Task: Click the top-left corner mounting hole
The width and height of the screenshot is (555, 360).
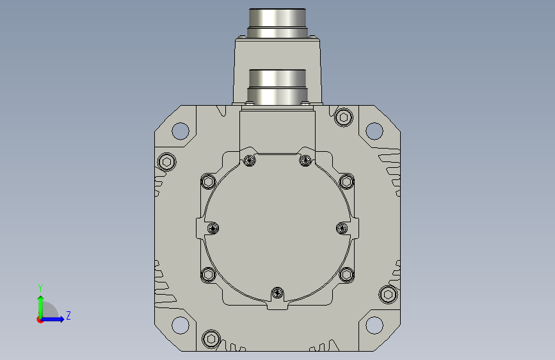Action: coord(180,131)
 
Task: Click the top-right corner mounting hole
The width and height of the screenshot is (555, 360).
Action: coord(374,131)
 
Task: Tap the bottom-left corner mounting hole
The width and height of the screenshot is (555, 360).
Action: coord(180,325)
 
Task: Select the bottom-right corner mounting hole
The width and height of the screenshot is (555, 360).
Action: coord(374,325)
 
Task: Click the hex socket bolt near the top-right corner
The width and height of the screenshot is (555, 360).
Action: coord(343,117)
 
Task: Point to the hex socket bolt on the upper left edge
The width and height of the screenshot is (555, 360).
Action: coord(166,162)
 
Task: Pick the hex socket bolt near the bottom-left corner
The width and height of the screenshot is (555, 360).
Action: coord(211,339)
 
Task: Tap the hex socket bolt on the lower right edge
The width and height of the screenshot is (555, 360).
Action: coord(388,295)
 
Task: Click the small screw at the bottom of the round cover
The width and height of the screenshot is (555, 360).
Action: coord(278,293)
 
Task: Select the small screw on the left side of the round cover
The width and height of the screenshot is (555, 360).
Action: coord(213,228)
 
